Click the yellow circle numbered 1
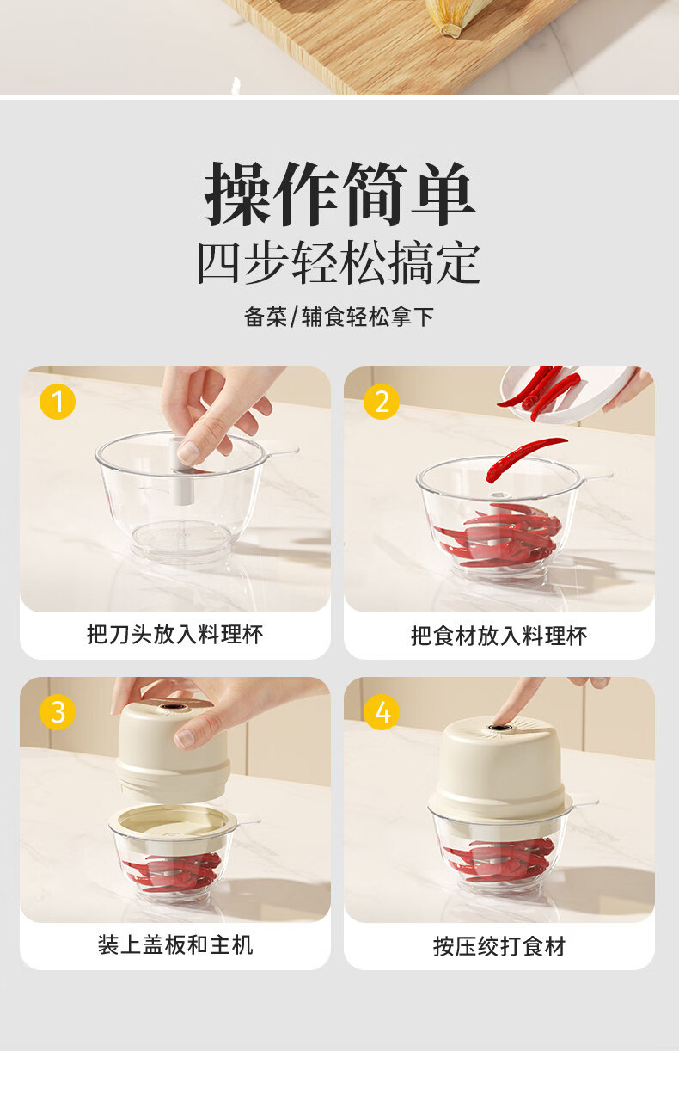point(58,402)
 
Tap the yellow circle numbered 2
point(382,402)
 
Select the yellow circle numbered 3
point(58,712)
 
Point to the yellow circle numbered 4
point(382,712)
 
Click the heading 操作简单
point(340,194)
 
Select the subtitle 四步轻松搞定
point(339,263)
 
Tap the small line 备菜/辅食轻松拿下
point(339,317)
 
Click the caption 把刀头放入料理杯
point(174,635)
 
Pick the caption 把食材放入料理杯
point(499,636)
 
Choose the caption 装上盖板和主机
point(175,945)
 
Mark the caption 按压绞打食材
point(499,946)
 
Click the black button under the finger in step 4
point(496,728)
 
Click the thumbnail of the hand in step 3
point(185,738)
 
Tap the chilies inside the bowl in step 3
point(172,872)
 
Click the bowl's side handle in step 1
point(282,452)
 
